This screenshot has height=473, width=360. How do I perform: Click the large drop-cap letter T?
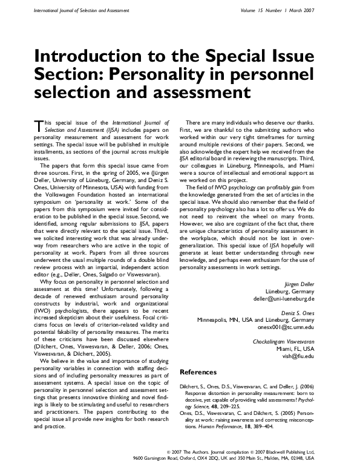coord(40,125)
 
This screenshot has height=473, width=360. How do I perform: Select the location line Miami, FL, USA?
coord(295,349)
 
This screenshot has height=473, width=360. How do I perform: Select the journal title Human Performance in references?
coord(230,428)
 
